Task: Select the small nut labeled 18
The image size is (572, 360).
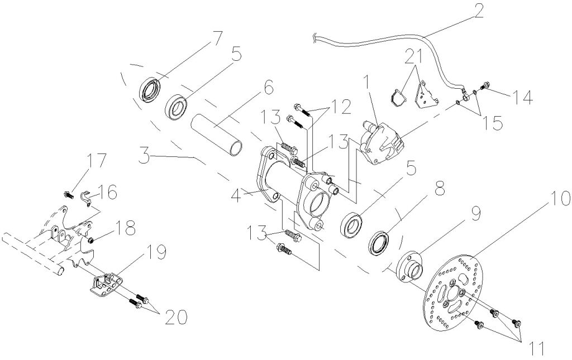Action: pyautogui.click(x=90, y=241)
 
